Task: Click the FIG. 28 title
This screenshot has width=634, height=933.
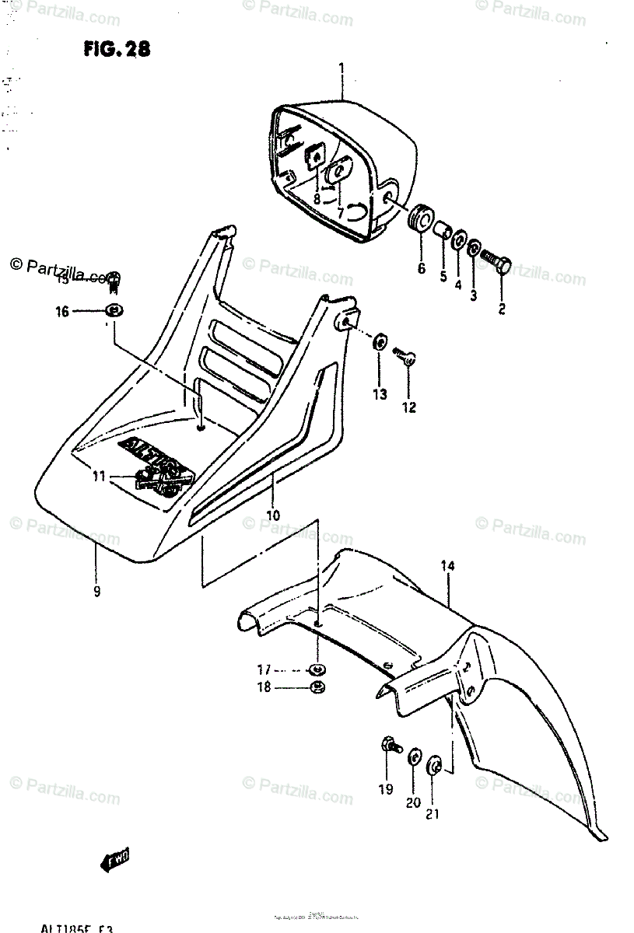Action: (116, 49)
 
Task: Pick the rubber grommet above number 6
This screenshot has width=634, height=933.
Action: (420, 218)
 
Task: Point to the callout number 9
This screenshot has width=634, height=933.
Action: (96, 592)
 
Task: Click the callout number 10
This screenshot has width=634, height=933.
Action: (273, 515)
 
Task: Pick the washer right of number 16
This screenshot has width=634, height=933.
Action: (114, 312)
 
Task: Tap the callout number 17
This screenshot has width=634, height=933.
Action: (264, 669)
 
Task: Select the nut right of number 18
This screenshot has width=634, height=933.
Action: (317, 686)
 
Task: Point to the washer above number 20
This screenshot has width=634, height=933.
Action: (415, 757)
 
